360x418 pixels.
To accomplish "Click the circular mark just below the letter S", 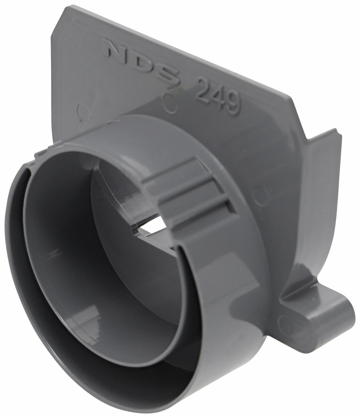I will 170,104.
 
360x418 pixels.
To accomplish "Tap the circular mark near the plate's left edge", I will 84,111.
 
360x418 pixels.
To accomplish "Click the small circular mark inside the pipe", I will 99,194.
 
